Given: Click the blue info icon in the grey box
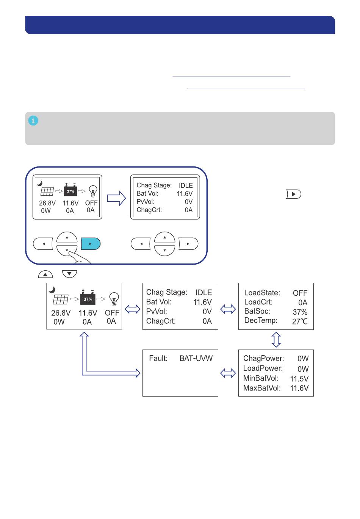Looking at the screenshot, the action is [33, 121].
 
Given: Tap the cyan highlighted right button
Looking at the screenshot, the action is [91, 243].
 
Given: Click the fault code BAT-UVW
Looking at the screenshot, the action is [196, 358].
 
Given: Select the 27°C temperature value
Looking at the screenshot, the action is [300, 321].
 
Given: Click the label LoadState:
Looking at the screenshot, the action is [262, 293].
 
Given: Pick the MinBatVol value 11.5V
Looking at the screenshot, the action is [299, 379].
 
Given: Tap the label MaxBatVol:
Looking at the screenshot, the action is [262, 388].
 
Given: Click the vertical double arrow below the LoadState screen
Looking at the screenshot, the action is [276, 340].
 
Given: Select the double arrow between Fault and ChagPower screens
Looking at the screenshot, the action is [228, 373].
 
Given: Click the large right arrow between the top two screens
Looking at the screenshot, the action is [116, 198].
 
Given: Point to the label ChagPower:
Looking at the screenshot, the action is [263, 358].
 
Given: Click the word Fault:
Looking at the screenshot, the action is [158, 358].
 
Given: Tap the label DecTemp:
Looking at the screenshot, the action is [261, 320].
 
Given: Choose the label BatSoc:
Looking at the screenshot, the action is [257, 311].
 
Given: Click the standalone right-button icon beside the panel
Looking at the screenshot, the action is [294, 194].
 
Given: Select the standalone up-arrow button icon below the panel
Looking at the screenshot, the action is [45, 274].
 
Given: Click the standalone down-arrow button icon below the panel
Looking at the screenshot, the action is [69, 274].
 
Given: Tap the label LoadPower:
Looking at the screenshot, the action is [263, 368].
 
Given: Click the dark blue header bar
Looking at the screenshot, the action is [180, 25].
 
